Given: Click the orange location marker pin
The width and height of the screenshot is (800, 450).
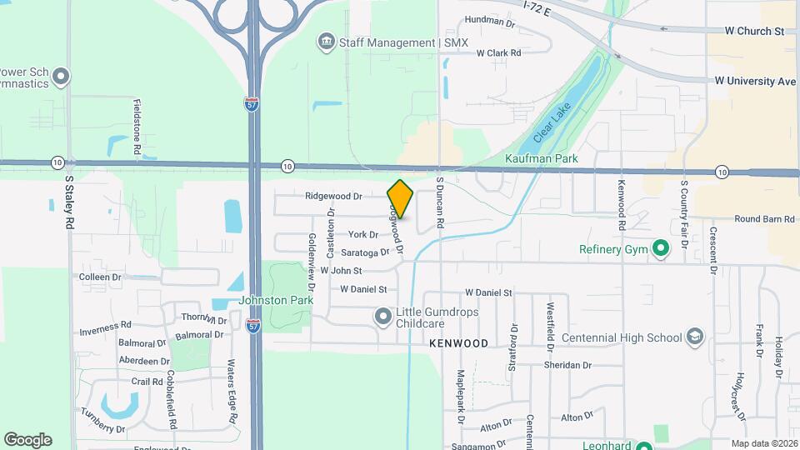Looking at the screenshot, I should (x=401, y=198).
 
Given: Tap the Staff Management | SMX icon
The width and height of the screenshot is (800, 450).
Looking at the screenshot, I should (x=327, y=42).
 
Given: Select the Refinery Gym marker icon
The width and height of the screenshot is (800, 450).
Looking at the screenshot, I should (x=661, y=248).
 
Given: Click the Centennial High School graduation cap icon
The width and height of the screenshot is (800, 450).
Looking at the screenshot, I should (x=694, y=337).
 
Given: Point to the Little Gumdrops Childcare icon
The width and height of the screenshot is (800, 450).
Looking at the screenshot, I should (x=382, y=316).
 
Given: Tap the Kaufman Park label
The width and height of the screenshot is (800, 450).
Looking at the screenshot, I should (x=541, y=157).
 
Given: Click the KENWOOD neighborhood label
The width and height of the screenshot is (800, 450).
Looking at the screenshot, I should (x=457, y=342).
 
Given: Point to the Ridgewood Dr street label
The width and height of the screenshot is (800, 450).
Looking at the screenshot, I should (x=333, y=197).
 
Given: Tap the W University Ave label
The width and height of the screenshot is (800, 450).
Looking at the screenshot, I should (x=755, y=81).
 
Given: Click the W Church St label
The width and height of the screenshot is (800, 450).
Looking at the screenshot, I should (x=754, y=31).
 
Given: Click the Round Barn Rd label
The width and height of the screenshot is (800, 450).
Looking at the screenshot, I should (x=764, y=219).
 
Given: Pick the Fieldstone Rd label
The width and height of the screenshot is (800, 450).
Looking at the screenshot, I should (x=137, y=127).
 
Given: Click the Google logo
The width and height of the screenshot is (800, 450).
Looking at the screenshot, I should (x=27, y=440).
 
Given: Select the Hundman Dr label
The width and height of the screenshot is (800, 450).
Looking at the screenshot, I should (x=490, y=20).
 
